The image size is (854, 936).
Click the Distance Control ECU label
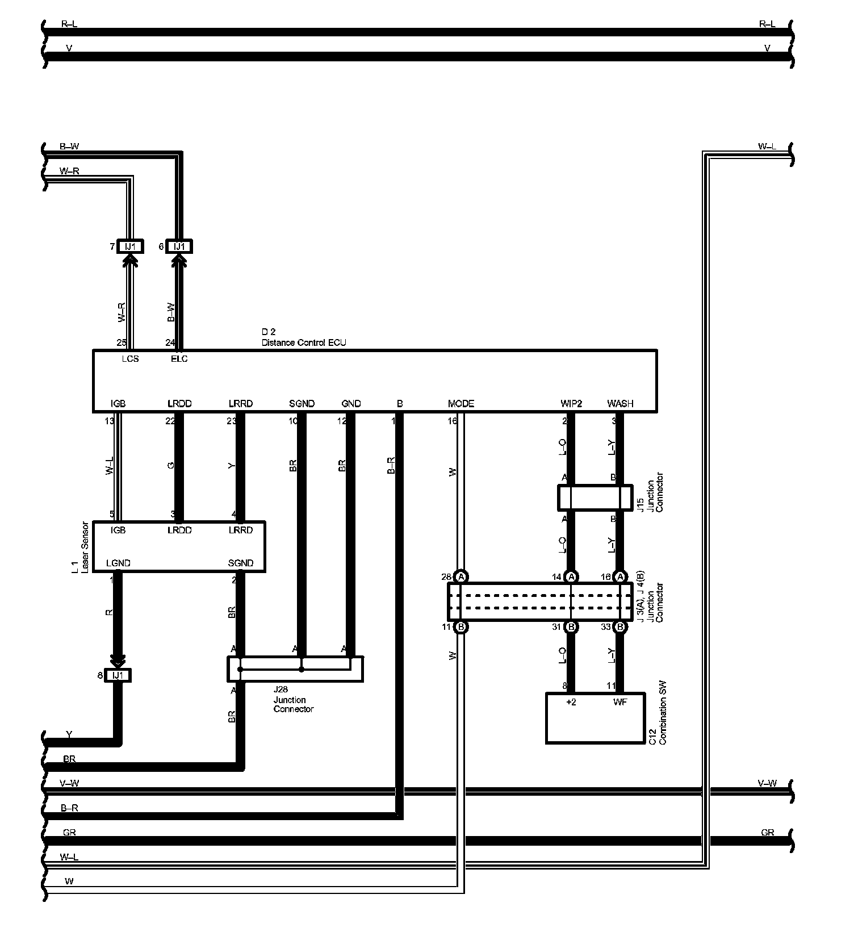(303, 342)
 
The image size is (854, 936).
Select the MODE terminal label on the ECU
(461, 404)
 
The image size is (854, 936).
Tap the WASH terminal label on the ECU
(620, 404)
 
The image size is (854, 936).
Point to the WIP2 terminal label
(571, 404)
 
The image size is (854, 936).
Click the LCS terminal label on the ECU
(130, 359)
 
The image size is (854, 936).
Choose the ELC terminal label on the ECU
(179, 359)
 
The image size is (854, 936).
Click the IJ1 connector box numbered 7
(131, 246)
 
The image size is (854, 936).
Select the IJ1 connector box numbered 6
(179, 246)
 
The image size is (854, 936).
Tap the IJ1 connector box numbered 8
(118, 675)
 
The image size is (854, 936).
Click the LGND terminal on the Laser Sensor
(118, 563)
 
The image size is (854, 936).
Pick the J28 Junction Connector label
(293, 700)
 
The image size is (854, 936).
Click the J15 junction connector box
(595, 498)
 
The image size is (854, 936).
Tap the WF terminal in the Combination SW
(620, 702)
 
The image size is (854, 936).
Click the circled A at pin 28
(461, 577)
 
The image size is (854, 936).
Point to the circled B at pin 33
(621, 628)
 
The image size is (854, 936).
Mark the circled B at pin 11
(461, 628)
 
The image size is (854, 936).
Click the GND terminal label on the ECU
(351, 404)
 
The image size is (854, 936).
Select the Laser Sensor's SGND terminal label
(240, 563)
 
